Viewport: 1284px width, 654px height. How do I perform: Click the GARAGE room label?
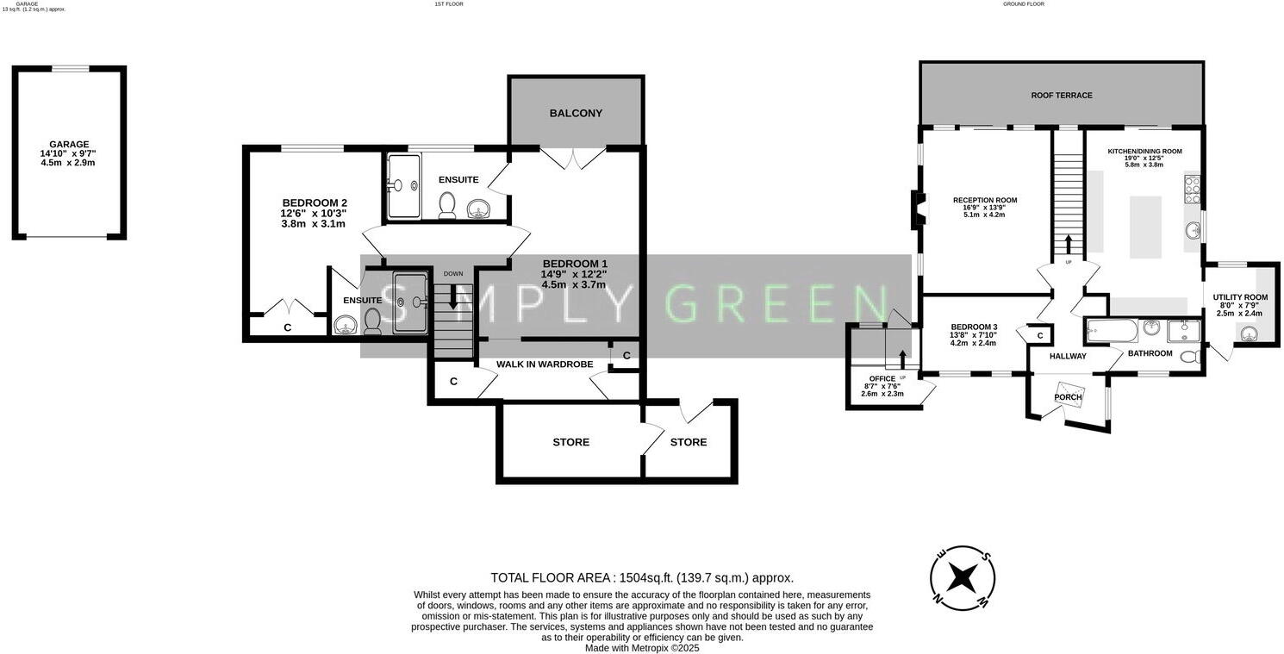point(69,145)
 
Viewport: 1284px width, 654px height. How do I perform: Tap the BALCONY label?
point(576,113)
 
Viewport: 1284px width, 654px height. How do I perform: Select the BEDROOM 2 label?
point(315,203)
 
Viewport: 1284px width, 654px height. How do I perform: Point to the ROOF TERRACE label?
point(1062,95)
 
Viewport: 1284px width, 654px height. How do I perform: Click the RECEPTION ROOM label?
point(984,201)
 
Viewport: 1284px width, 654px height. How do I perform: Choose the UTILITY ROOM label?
point(1240,297)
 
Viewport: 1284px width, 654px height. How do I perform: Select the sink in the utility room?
point(1249,335)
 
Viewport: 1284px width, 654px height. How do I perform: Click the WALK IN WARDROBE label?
point(545,364)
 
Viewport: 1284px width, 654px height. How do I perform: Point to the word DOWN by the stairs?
point(453,274)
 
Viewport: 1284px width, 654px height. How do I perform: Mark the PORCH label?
point(1069,397)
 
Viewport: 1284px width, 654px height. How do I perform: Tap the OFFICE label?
point(882,378)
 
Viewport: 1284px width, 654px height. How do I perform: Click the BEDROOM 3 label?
point(974,327)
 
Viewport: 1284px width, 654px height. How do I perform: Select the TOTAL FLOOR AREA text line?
point(642,578)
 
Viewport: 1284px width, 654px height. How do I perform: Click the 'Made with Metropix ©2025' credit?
point(642,648)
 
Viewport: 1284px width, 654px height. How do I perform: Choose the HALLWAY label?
point(1068,356)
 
